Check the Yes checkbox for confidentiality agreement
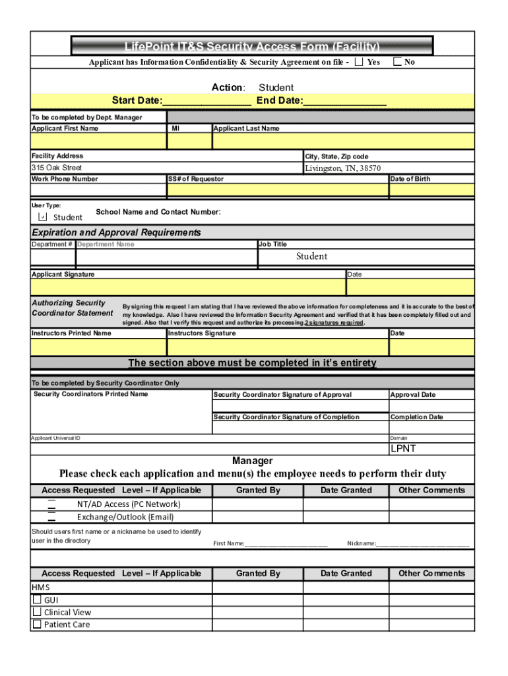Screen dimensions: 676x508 (x=359, y=62)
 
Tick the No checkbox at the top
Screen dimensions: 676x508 (x=397, y=62)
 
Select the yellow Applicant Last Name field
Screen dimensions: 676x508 (x=342, y=141)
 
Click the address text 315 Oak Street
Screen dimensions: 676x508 (x=57, y=168)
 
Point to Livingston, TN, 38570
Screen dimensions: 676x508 (x=342, y=168)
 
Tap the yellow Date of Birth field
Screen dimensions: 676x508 (x=431, y=191)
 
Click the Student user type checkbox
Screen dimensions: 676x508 (x=43, y=217)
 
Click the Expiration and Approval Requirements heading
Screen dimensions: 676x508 (x=117, y=233)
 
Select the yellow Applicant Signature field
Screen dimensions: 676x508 (x=188, y=287)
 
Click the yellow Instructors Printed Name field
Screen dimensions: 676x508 (x=98, y=347)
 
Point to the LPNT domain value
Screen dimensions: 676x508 (x=403, y=449)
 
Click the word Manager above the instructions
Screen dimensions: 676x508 (x=252, y=461)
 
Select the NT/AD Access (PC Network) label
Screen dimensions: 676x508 (x=128, y=504)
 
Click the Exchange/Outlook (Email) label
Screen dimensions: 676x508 (x=125, y=517)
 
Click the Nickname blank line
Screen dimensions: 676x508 (x=422, y=544)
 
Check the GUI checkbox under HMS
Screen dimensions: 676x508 (x=37, y=600)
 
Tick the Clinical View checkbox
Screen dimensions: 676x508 (x=37, y=612)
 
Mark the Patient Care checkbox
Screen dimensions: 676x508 (x=37, y=625)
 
